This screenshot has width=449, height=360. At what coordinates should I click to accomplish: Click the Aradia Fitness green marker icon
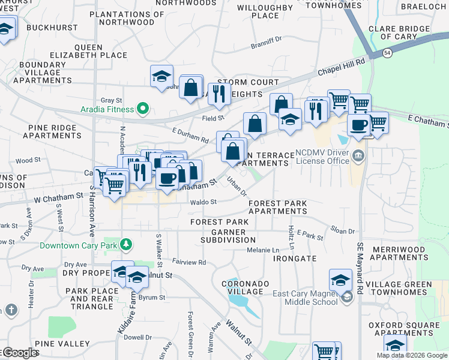[x=143, y=109]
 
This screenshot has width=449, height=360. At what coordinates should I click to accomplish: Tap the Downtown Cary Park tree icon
[x=126, y=245]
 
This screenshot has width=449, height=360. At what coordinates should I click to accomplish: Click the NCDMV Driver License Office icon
[x=358, y=157]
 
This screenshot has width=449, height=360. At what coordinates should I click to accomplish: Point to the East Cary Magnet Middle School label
[x=305, y=298]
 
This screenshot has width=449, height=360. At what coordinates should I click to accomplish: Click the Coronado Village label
[x=243, y=287]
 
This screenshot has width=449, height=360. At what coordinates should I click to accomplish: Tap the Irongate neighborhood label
[x=294, y=258]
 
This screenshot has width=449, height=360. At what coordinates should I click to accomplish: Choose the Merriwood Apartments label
[x=408, y=253]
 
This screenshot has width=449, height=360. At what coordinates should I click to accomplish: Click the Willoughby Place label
[x=265, y=11]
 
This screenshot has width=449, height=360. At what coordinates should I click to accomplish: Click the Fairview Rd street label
[x=189, y=262]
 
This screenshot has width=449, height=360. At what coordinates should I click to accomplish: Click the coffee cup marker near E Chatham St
[x=359, y=125]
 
